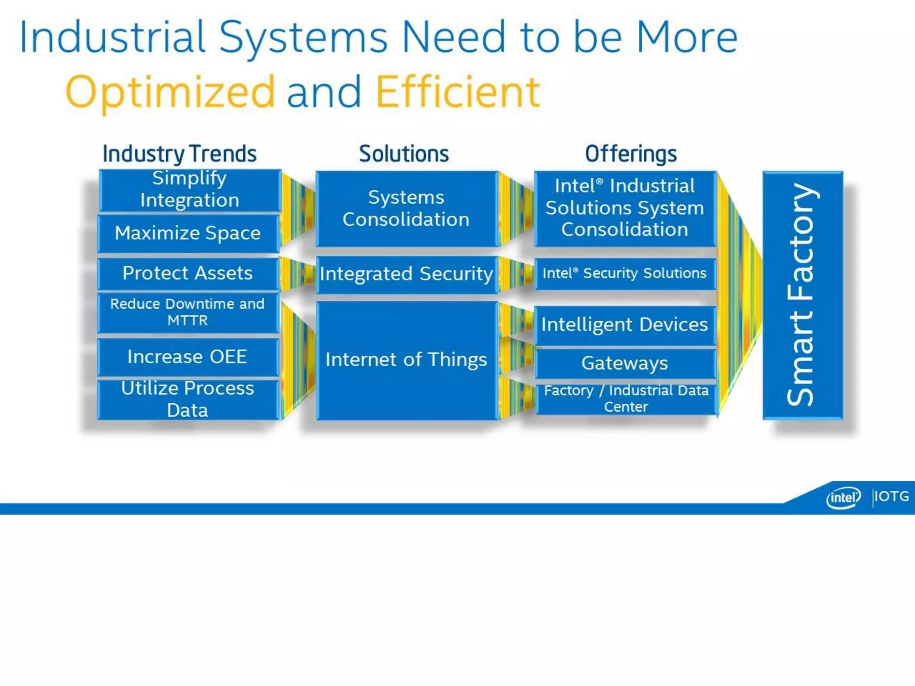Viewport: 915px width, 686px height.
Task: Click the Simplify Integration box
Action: [x=189, y=190]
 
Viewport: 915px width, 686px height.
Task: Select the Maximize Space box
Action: [x=188, y=233]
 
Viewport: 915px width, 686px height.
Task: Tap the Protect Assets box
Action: [x=188, y=273]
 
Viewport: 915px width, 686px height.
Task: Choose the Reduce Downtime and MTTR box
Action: [x=188, y=312]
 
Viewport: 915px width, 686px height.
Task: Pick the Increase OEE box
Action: [x=188, y=357]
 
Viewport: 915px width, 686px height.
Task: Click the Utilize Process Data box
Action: [x=188, y=399]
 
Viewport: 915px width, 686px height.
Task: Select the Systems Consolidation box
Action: [x=406, y=209]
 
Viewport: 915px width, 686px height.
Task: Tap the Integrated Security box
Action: [x=406, y=274]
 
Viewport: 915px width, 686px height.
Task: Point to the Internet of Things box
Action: [x=406, y=360]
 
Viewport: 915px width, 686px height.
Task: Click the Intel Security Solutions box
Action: [x=625, y=273]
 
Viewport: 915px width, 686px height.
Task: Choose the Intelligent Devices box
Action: [x=625, y=325]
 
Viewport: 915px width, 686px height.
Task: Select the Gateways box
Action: [x=625, y=363]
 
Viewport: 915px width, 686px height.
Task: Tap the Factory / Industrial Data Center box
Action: [x=625, y=398]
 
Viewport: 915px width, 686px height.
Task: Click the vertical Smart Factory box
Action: [x=802, y=295]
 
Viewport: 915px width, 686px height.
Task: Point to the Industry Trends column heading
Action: [x=180, y=154]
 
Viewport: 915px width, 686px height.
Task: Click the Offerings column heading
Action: [x=631, y=154]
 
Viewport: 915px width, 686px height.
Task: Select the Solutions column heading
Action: [x=404, y=154]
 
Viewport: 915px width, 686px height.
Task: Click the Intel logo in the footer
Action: [x=843, y=498]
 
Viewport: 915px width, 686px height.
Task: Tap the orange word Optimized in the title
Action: [x=170, y=92]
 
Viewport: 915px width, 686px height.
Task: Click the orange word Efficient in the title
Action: [x=458, y=92]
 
